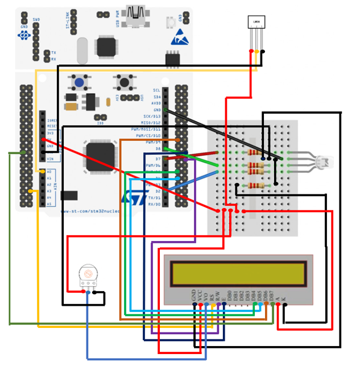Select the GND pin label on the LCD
[195, 295]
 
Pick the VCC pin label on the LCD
[201, 295]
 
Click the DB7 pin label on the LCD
[272, 296]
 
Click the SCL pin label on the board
[156, 90]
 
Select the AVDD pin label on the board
[155, 103]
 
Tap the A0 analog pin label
[49, 172]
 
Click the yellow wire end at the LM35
[257, 52]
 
